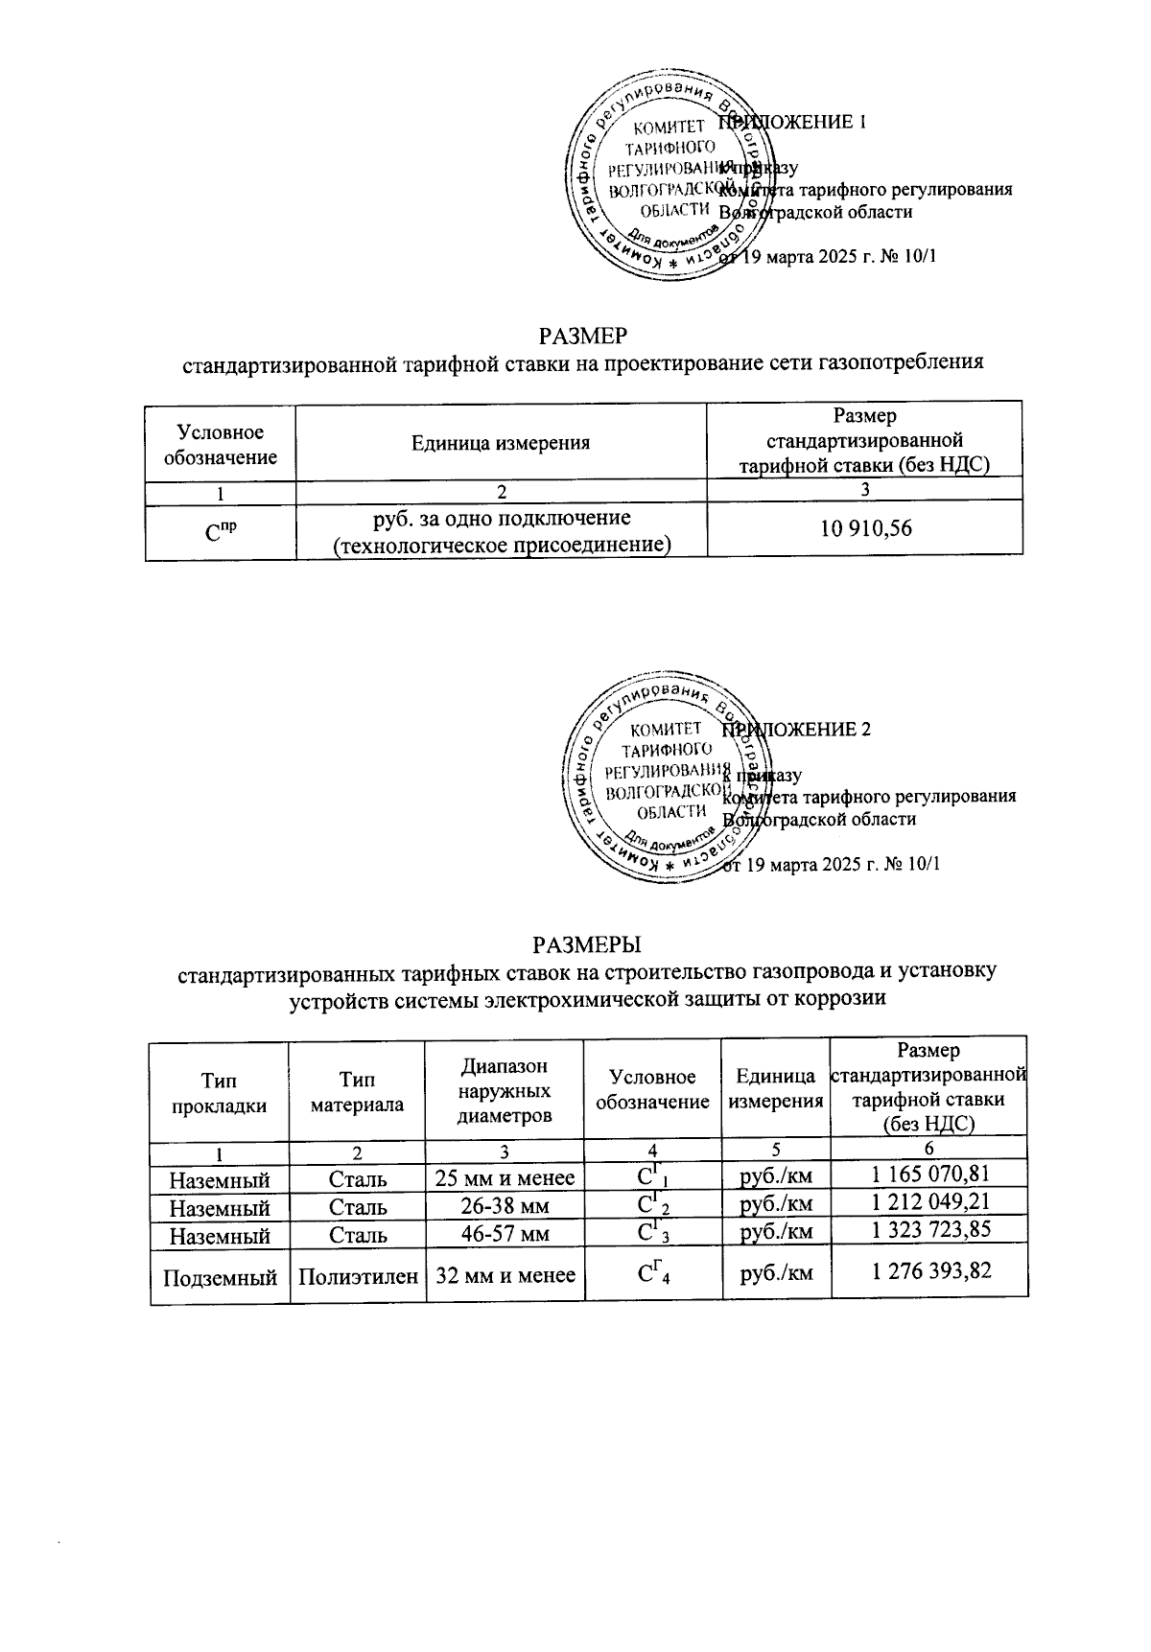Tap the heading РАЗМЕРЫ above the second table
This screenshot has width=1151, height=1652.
pyautogui.click(x=586, y=943)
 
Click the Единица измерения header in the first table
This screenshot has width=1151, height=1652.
pyautogui.click(x=500, y=442)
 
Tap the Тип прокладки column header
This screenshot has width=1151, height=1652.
pyautogui.click(x=219, y=1093)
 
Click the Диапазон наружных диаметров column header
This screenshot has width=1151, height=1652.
pyautogui.click(x=505, y=1091)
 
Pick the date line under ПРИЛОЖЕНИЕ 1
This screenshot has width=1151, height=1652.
pyautogui.click(x=831, y=256)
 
